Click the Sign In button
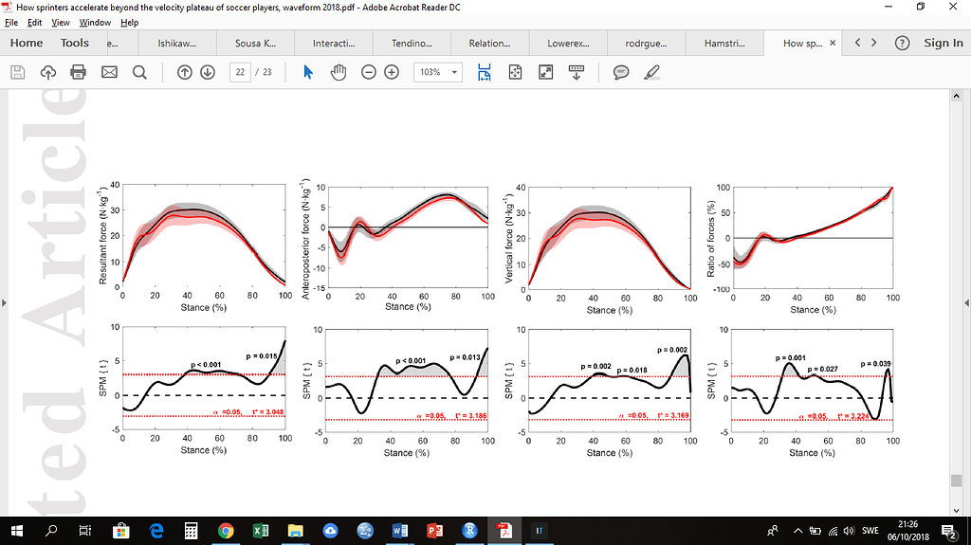[x=943, y=43]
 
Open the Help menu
[x=130, y=22]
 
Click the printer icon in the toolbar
[x=79, y=72]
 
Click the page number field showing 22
[x=241, y=72]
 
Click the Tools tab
[x=75, y=43]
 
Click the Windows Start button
[x=17, y=531]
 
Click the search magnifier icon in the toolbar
[x=139, y=72]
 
